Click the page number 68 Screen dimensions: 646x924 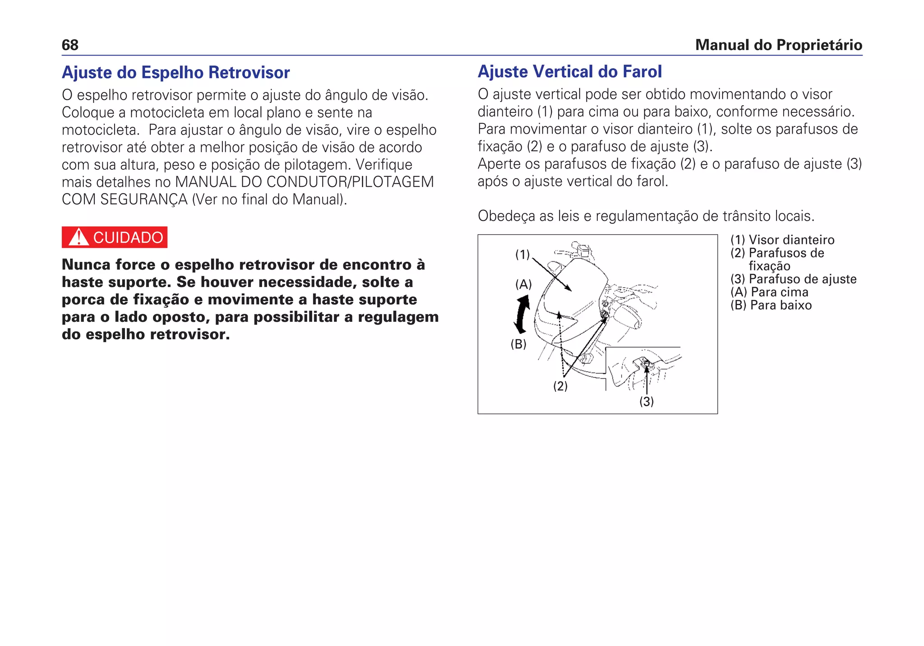coord(70,45)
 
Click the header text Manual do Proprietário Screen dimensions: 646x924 coord(778,45)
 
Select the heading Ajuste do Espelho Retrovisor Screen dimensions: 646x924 coord(176,73)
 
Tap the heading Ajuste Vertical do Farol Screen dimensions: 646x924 coord(569,72)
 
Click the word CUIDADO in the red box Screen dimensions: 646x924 coord(128,237)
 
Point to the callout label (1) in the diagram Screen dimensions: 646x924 coord(522,255)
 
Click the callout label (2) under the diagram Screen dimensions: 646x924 coord(560,386)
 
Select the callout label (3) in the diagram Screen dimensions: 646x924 coord(646,401)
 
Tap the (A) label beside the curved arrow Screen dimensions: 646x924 coord(523,284)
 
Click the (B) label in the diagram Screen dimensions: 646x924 coord(518,344)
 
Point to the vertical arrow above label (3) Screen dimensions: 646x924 coord(647,379)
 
